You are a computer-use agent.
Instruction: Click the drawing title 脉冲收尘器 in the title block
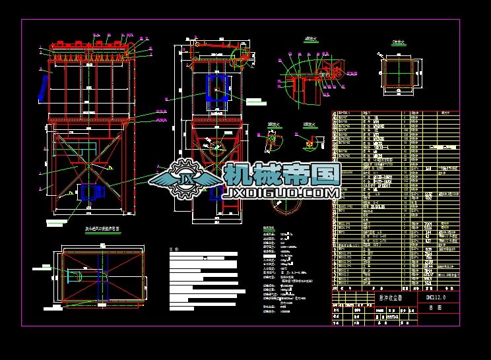[387, 297]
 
